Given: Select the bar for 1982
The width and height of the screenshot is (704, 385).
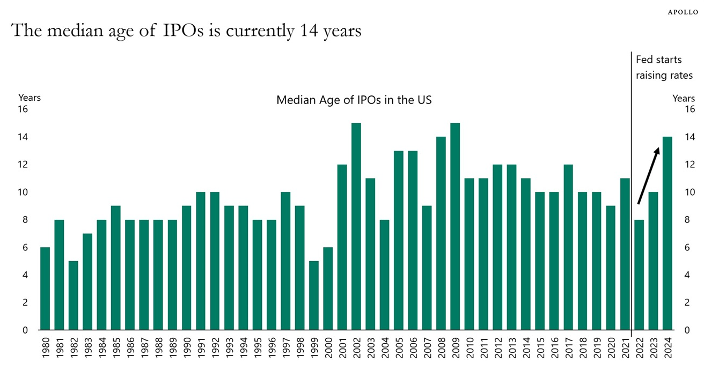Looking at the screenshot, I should point(73,295).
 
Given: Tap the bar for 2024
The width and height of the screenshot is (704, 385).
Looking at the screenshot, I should point(667,234).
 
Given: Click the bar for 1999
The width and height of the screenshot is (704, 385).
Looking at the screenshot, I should point(313,295).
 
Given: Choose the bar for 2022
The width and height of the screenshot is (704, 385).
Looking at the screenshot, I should point(639,275).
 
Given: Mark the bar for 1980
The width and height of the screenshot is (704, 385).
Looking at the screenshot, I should point(45,288).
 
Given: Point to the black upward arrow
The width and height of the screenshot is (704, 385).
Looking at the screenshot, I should point(648,176).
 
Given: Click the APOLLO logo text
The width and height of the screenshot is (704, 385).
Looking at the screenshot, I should point(683,12).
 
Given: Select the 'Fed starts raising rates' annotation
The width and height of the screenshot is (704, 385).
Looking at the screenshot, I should point(664,68).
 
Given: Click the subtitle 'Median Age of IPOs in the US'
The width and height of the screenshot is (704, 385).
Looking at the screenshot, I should point(354,100).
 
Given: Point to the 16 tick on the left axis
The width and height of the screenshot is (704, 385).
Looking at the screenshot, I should point(23,109).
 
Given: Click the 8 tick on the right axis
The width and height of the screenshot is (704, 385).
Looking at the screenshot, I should point(688,220).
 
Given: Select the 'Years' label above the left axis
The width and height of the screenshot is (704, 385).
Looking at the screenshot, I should point(30,98).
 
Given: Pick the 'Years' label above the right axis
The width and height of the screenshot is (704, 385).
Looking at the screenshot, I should point(684,98).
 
